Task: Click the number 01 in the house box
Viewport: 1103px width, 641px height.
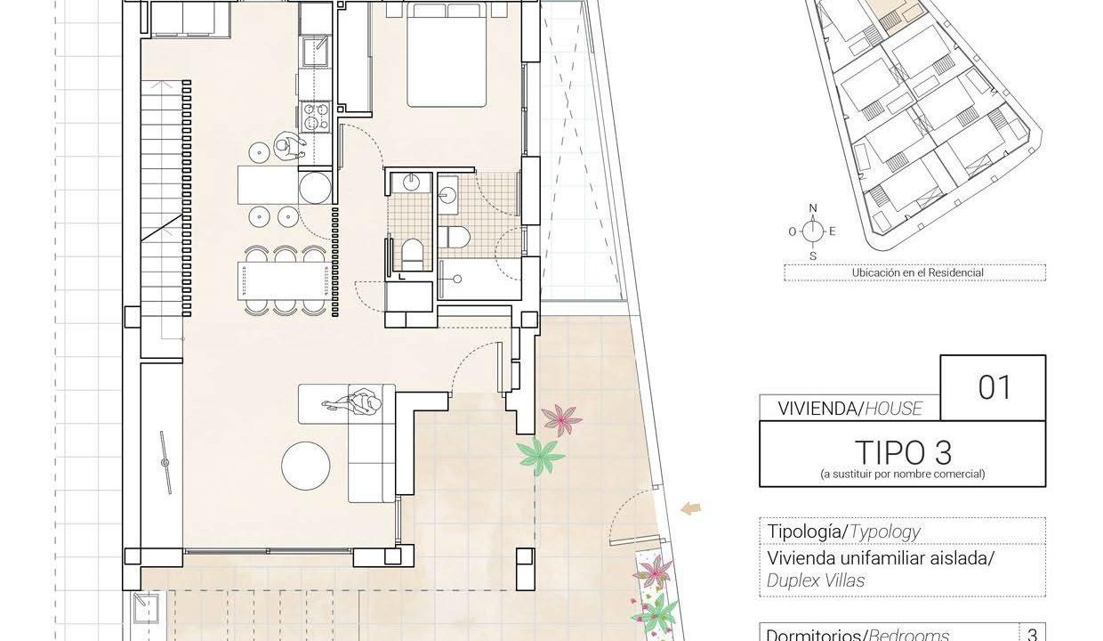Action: pyautogui.click(x=994, y=388)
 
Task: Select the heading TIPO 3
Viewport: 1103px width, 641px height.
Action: pyautogui.click(x=903, y=452)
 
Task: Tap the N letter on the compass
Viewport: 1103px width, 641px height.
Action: pyautogui.click(x=813, y=208)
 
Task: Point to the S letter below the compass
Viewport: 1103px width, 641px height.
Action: pyautogui.click(x=813, y=256)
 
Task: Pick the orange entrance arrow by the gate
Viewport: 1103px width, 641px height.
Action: pyautogui.click(x=691, y=509)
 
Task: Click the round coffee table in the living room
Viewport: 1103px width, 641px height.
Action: pyautogui.click(x=306, y=466)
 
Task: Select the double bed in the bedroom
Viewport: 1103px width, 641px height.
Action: pyautogui.click(x=447, y=54)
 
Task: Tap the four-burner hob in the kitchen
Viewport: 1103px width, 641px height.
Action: pyautogui.click(x=315, y=117)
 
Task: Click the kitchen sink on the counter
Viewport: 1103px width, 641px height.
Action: pyautogui.click(x=315, y=51)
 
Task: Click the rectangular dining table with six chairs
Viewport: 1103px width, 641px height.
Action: pyautogui.click(x=283, y=280)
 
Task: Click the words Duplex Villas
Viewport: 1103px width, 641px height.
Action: pyautogui.click(x=816, y=580)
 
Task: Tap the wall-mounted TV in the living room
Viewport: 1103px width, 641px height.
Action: pyautogui.click(x=166, y=462)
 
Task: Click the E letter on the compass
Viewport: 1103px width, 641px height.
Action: pyautogui.click(x=833, y=231)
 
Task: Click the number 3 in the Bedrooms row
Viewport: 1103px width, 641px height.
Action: pyautogui.click(x=1032, y=635)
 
